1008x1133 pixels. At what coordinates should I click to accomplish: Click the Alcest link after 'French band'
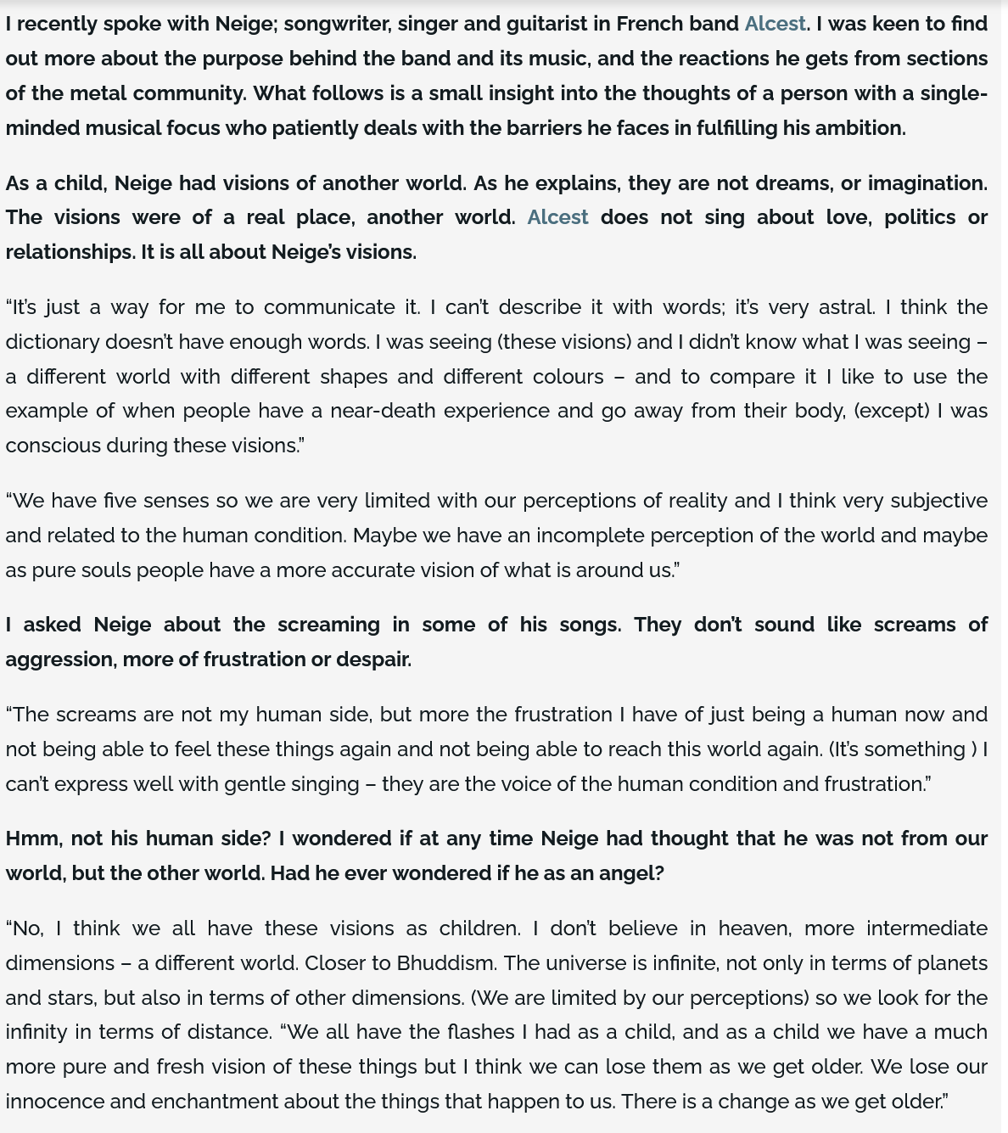point(775,24)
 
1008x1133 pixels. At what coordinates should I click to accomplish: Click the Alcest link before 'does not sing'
point(557,217)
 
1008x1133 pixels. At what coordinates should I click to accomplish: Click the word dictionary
point(52,342)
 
